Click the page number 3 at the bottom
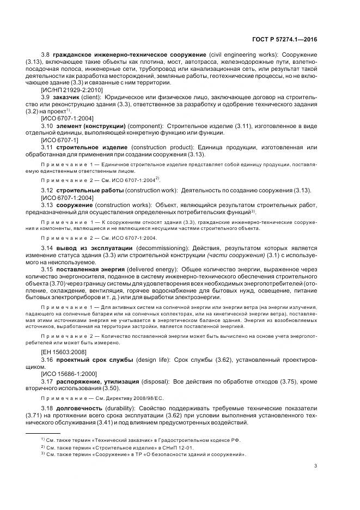tap(316, 465)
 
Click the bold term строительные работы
tap(82, 190)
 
